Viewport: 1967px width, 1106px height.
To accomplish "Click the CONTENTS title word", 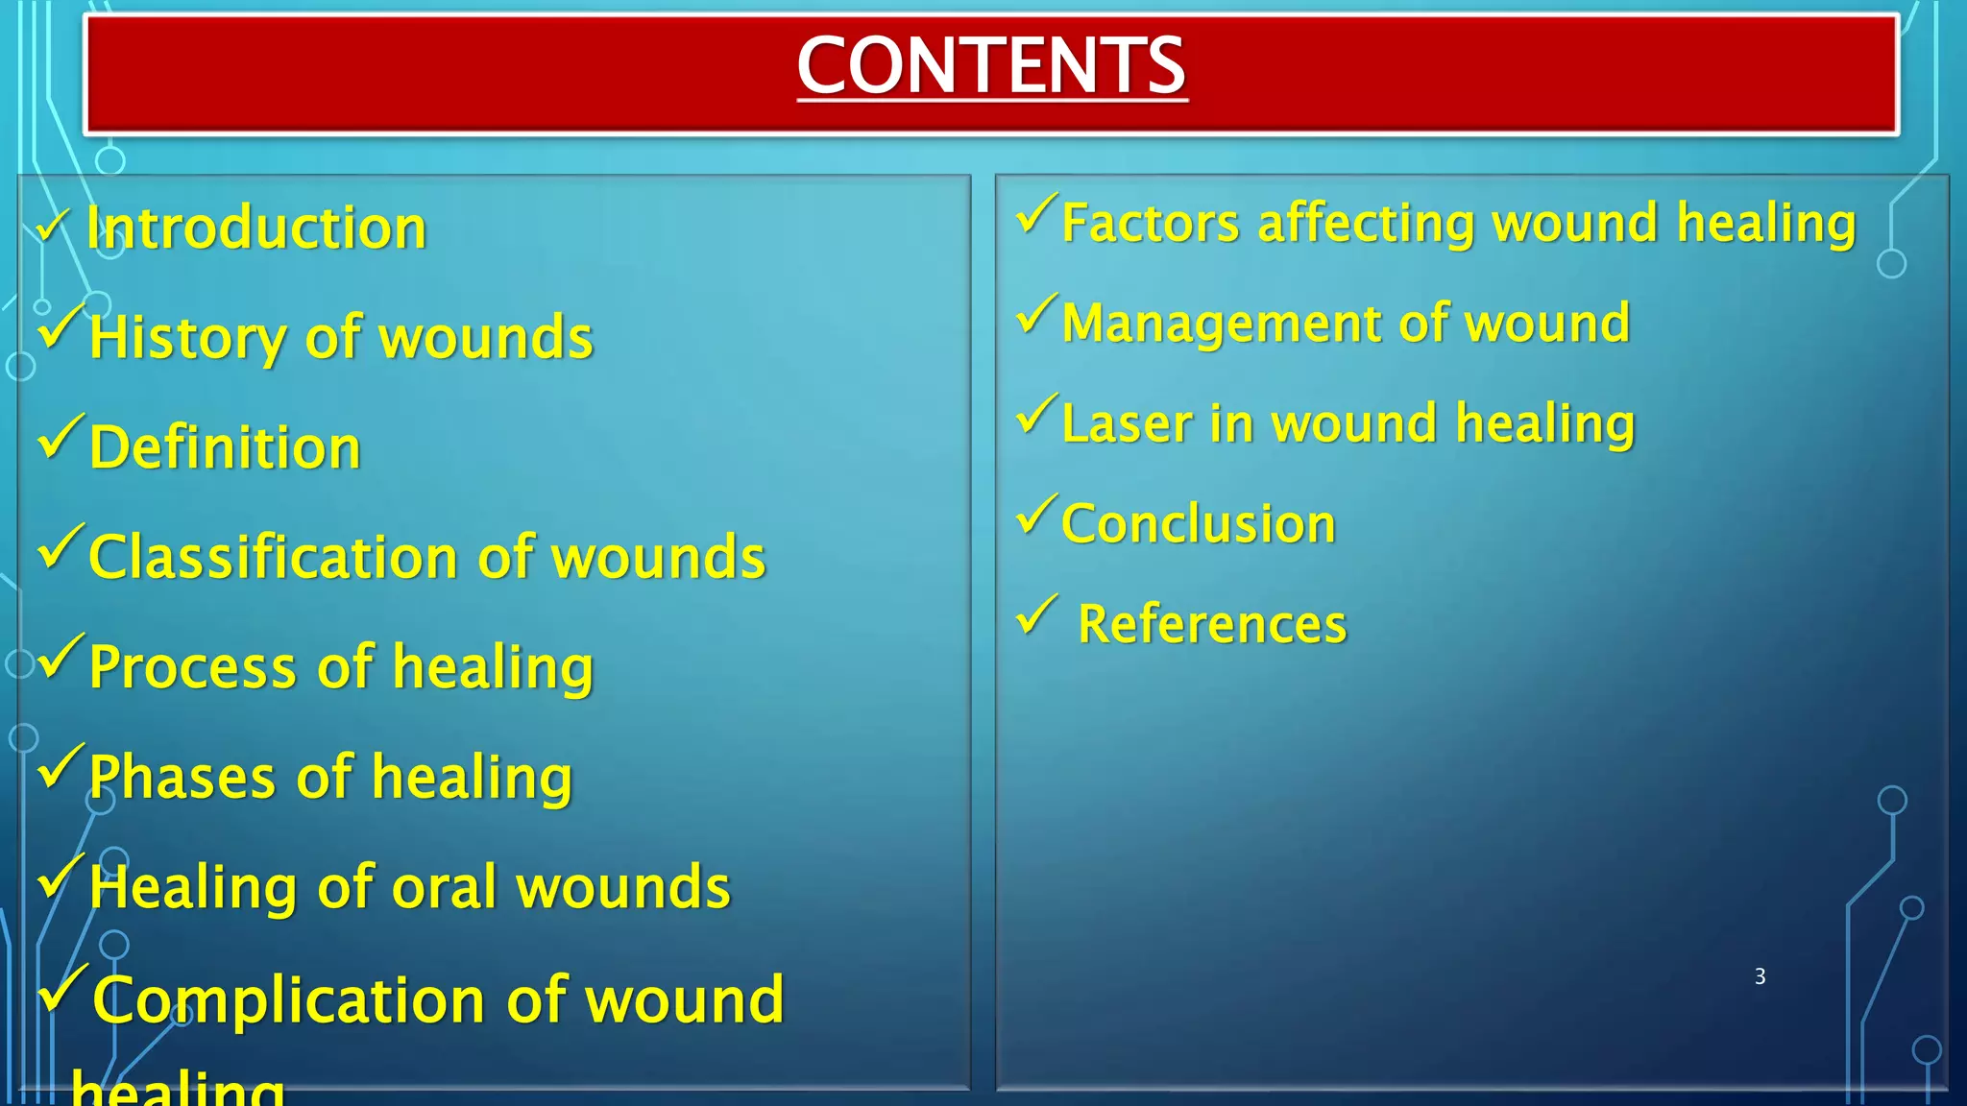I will pos(991,65).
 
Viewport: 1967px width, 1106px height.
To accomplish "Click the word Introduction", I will pos(256,228).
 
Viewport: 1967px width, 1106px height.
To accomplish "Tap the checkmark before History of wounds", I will pos(60,326).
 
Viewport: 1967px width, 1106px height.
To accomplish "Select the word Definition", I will pos(225,447).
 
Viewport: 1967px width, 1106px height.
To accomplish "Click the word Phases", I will pos(182,777).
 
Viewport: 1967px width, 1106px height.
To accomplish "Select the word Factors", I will pos(1151,224).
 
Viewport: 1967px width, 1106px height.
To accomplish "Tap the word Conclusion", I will pos(1198,524).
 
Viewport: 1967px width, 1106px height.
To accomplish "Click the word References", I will pos(1212,625).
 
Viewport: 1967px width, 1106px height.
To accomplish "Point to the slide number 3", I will pos(1760,976).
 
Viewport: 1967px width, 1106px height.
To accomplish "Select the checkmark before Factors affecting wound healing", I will pos(1036,213).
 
